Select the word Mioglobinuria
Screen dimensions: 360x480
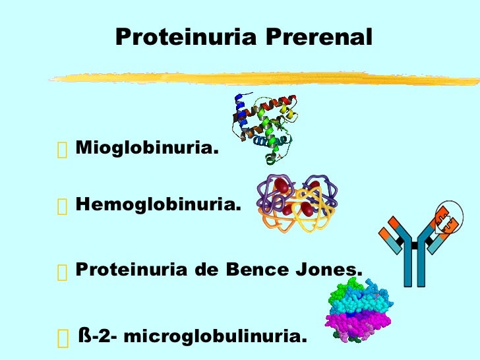point(146,148)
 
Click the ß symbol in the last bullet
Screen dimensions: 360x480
point(84,336)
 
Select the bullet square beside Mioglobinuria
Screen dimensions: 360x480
point(63,150)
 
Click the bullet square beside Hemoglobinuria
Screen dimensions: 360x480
point(63,207)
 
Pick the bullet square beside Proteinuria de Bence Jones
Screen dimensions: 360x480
point(63,272)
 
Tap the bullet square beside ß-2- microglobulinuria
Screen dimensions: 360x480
point(63,338)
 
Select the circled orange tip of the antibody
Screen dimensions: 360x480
point(446,220)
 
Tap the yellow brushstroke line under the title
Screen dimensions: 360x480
point(264,78)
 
